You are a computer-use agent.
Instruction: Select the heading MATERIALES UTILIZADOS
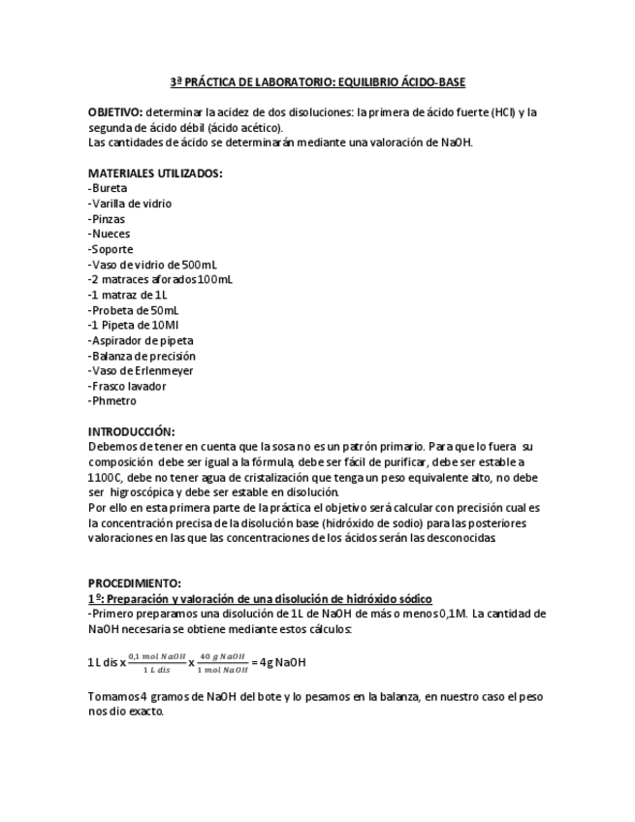[155, 174]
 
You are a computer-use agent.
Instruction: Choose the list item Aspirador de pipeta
[141, 340]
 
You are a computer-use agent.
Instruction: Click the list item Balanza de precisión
[142, 356]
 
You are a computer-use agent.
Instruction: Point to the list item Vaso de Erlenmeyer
[141, 370]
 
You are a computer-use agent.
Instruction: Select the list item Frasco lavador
[127, 386]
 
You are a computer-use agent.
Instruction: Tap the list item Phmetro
[112, 401]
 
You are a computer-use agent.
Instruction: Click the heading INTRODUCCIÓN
[131, 431]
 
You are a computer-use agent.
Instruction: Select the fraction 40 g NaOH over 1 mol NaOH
[223, 663]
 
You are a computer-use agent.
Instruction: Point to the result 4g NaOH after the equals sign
[285, 663]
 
